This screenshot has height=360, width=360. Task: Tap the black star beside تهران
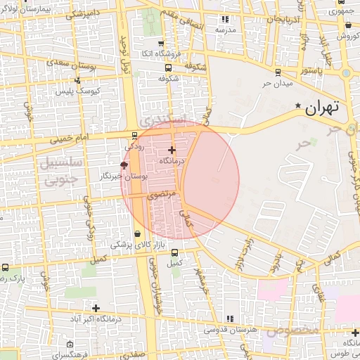click(299, 107)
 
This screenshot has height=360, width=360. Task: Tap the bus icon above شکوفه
click(168, 68)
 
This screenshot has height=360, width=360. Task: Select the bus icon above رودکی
click(134, 136)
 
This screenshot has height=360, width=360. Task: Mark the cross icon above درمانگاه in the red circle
click(172, 150)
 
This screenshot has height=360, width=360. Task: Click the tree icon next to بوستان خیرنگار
click(124, 165)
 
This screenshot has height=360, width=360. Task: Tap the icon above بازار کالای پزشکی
click(136, 233)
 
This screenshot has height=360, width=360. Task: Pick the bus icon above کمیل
click(174, 253)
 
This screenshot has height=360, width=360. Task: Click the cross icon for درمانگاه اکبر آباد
click(96, 308)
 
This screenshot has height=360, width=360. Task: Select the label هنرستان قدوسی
click(230, 329)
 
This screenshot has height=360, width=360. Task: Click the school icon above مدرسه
click(225, 20)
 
